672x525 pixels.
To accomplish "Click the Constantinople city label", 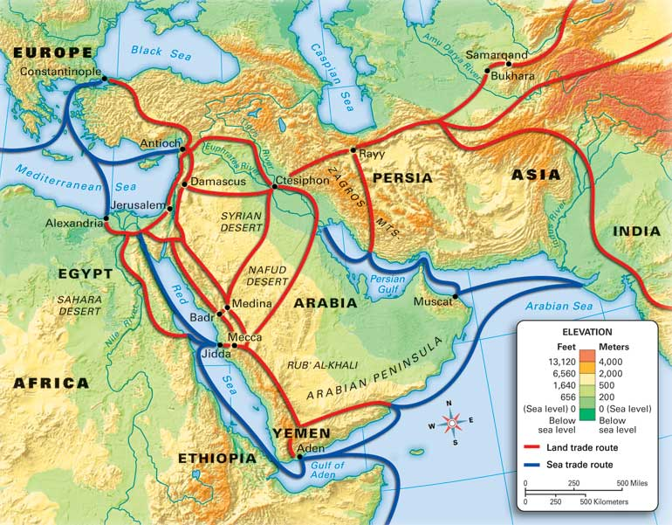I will pyautogui.click(x=58, y=71).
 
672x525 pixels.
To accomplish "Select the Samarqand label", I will pyautogui.click(x=497, y=54).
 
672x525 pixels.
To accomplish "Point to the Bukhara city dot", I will pyautogui.click(x=487, y=75).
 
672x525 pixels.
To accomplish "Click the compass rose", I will pyautogui.click(x=452, y=424).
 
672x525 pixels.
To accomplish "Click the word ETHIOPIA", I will pyautogui.click(x=217, y=458).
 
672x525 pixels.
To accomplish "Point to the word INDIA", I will pyautogui.click(x=637, y=231).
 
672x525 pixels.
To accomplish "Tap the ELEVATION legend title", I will pyautogui.click(x=587, y=332).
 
